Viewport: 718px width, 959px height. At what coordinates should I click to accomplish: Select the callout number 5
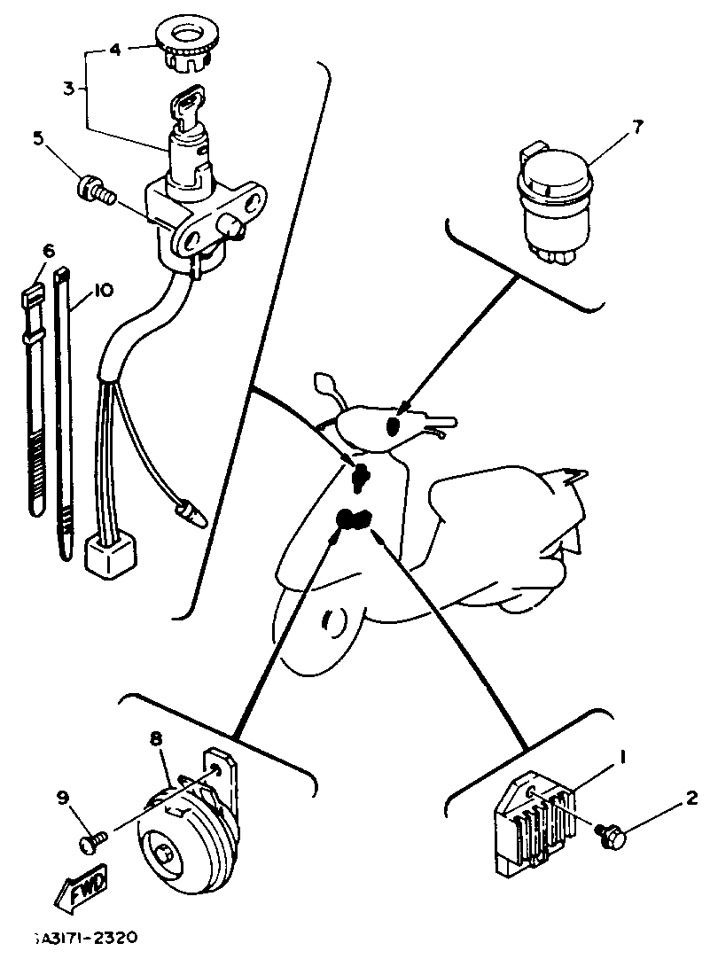pos(37,137)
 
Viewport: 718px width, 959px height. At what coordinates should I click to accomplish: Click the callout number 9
pos(63,799)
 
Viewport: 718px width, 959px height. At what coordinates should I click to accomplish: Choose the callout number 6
pos(48,251)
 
